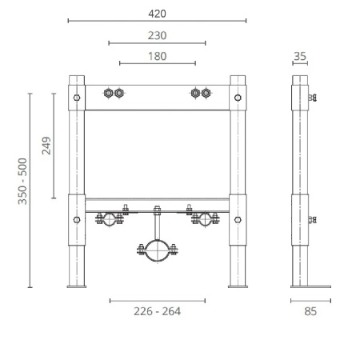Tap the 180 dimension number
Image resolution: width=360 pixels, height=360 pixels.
[158, 55]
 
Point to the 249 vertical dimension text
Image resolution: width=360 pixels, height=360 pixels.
[46, 146]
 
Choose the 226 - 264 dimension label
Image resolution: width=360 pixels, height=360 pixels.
[157, 311]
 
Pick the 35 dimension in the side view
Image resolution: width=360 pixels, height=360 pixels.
[300, 55]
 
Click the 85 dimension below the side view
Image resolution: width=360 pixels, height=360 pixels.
[311, 311]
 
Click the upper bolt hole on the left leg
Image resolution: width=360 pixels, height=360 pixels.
[77, 98]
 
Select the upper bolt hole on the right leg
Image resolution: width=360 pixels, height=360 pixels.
[238, 98]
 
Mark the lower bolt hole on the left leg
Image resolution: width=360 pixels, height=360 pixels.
[77, 218]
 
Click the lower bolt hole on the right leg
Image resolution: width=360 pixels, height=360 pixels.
[238, 218]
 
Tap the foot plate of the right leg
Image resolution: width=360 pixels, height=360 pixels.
[238, 286]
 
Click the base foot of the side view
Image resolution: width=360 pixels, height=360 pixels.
[311, 286]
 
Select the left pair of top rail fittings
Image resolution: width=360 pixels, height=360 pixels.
[114, 94]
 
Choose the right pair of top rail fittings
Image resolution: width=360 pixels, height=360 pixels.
[200, 94]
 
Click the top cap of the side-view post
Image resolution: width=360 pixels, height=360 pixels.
[300, 78]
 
